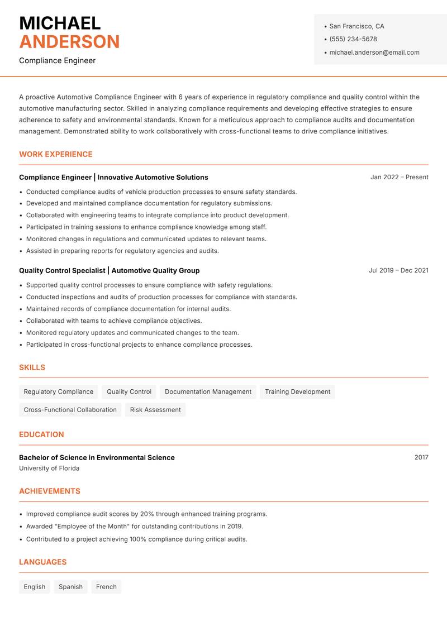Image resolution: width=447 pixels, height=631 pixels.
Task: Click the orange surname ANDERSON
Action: click(69, 42)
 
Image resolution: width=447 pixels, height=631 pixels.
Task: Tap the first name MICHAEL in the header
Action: click(60, 23)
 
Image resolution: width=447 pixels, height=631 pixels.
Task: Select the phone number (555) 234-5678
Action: click(353, 39)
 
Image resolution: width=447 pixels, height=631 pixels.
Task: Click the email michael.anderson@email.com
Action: click(374, 52)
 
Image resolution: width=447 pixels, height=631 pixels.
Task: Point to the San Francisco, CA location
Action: click(356, 26)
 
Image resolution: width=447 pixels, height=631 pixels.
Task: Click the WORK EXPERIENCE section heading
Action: click(56, 154)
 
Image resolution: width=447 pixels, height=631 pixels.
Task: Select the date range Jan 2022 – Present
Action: click(399, 177)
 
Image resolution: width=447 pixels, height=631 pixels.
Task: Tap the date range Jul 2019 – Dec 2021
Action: click(398, 270)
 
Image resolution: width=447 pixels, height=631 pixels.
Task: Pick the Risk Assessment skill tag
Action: click(155, 410)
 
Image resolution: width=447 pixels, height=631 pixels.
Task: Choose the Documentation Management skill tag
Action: click(208, 392)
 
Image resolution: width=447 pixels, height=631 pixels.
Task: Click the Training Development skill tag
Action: click(297, 392)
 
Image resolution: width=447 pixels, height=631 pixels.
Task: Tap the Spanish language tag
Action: click(70, 587)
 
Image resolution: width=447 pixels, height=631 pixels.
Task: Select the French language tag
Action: click(106, 587)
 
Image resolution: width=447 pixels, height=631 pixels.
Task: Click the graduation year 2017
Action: click(421, 457)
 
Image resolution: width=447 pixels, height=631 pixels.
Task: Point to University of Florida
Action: click(49, 469)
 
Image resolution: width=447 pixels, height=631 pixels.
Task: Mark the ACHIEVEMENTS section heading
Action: click(50, 491)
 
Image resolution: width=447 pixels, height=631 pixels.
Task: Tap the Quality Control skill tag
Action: click(129, 392)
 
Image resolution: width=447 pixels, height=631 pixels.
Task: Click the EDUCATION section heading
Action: click(41, 434)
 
